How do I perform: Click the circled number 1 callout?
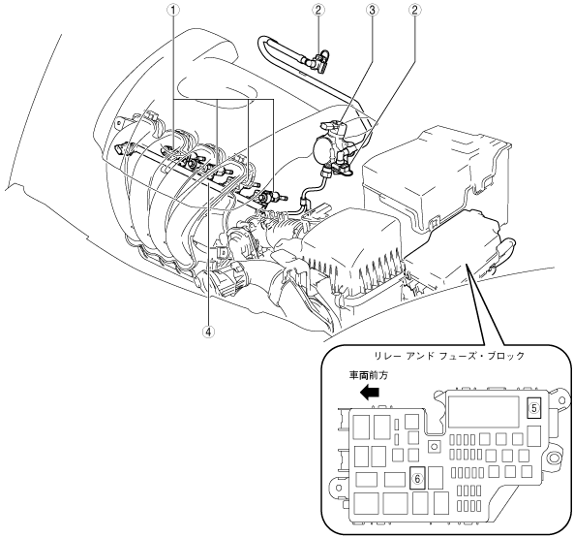point(173,10)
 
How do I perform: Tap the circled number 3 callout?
point(372,10)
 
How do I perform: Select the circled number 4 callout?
point(209,332)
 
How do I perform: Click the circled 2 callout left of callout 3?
point(317,10)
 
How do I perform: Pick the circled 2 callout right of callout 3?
point(414,10)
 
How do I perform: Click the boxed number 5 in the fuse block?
point(534,407)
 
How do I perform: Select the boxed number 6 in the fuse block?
point(417,478)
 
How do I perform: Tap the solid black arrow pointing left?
point(370,393)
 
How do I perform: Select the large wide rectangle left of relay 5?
point(484,411)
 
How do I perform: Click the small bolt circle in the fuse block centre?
point(435,447)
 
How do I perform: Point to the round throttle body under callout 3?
point(326,150)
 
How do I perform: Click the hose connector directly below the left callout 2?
point(318,62)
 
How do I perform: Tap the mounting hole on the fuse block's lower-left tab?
point(339,488)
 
